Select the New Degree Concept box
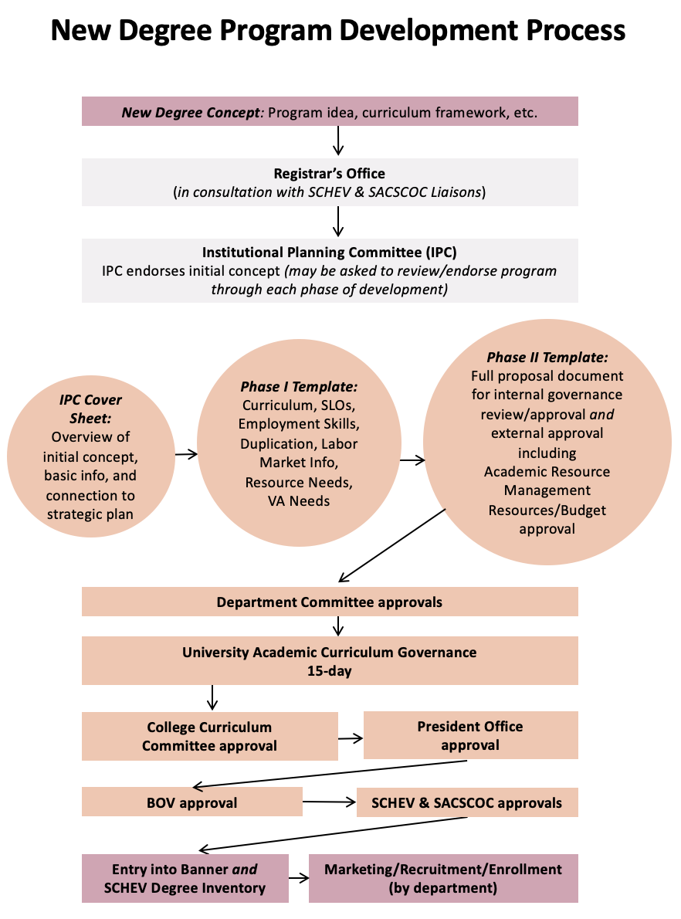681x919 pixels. [330, 111]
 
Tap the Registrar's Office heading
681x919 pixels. [330, 174]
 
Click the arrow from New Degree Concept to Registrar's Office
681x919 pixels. [338, 141]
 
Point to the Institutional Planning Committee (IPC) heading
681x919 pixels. [330, 252]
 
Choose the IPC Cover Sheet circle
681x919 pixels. [91, 456]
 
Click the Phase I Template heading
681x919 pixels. [299, 387]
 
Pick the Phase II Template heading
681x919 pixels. [547, 357]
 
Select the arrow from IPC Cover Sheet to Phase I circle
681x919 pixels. [186, 453]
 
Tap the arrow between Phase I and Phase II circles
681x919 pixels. [412, 460]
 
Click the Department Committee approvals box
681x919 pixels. [330, 602]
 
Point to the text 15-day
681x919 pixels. [330, 671]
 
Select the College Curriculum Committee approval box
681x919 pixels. [210, 736]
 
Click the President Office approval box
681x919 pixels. [471, 735]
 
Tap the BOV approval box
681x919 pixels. [192, 802]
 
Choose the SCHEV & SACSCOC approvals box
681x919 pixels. [467, 802]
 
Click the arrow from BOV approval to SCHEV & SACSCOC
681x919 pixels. [330, 802]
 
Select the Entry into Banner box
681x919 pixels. [185, 878]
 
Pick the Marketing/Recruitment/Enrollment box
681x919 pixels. [444, 878]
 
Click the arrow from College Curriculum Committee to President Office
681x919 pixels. [351, 738]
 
